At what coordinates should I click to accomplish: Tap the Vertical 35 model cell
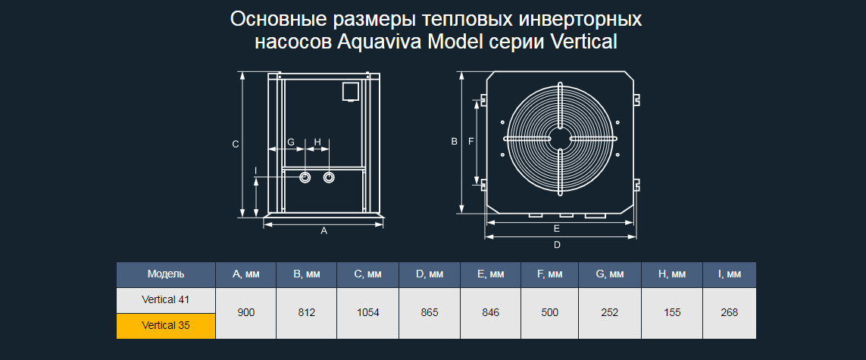coord(166,326)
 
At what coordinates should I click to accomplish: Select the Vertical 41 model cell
coord(166,300)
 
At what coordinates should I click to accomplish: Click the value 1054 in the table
coord(367,313)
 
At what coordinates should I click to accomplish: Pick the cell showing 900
coord(245,313)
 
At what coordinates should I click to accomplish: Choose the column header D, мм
coord(429,274)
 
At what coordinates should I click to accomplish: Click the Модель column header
coord(166,274)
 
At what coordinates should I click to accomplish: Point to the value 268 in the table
coord(729,313)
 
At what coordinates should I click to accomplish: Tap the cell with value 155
coord(671,313)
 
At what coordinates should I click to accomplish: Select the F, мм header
coord(549,274)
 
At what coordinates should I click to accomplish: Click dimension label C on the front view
coord(236,144)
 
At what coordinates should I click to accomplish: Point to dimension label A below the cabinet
coord(324,231)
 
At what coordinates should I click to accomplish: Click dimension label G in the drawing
coord(290,142)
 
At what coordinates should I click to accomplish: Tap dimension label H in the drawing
coord(317,142)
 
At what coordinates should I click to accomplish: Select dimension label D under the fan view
coord(558,245)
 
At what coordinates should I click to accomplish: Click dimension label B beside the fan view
coord(454,142)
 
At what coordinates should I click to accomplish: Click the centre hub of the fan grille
coord(561,139)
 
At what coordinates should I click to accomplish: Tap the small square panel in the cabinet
coord(350,92)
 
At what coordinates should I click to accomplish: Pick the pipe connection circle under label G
coord(305,177)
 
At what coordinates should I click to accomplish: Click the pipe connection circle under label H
coord(329,177)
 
